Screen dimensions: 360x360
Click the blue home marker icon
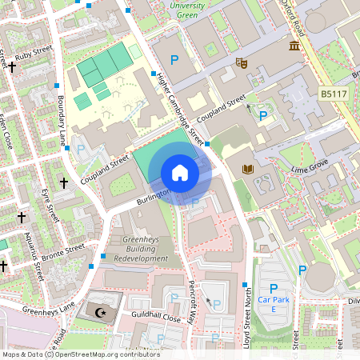pos(180,173)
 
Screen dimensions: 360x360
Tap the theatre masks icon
pos(238,62)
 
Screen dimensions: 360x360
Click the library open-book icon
pos(247,169)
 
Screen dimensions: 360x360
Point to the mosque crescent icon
pos(102,312)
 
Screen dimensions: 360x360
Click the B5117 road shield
pos(334,94)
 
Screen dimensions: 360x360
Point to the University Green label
pos(193,9)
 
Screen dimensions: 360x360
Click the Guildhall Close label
pos(151,318)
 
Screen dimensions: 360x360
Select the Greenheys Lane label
pos(43,308)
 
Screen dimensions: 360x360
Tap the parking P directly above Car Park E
pos(274,289)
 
